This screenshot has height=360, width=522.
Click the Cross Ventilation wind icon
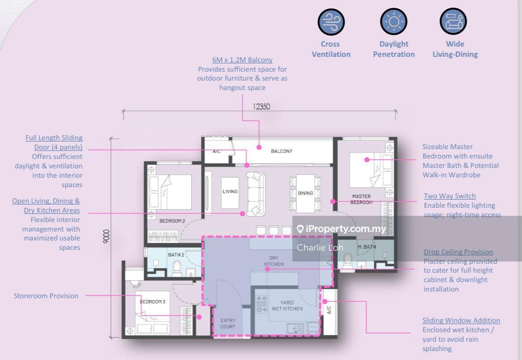(x=331, y=21)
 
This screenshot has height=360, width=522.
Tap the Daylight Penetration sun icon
(x=394, y=21)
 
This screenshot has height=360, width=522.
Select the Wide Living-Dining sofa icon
(x=453, y=21)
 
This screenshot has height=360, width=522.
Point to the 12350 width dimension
(x=261, y=107)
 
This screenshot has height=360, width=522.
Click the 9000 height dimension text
(x=106, y=236)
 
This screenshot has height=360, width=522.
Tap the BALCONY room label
(x=282, y=151)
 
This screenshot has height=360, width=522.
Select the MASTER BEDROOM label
(x=362, y=199)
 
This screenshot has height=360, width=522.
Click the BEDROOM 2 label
(x=172, y=221)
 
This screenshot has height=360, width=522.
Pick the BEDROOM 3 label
(x=153, y=302)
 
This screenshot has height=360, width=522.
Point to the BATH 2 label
(x=176, y=255)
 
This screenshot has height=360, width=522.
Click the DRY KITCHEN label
(x=274, y=261)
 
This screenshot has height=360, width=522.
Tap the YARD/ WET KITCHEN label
(x=287, y=306)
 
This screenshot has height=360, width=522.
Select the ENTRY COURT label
(x=228, y=323)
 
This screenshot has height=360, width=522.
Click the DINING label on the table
(x=305, y=193)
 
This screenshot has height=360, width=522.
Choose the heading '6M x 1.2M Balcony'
(x=242, y=60)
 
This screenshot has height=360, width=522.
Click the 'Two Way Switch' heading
(x=450, y=196)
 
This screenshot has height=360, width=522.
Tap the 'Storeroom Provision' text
(x=46, y=296)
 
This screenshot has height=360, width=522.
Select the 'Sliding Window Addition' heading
(x=461, y=320)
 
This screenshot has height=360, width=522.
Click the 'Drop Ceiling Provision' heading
(x=458, y=252)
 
